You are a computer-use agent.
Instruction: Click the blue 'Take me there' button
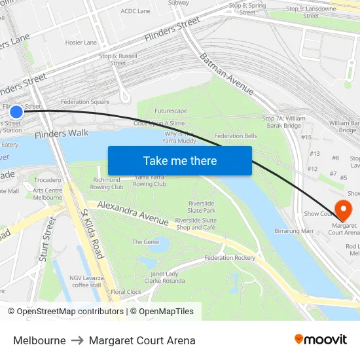point(179,160)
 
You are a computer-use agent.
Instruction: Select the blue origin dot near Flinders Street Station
point(16,111)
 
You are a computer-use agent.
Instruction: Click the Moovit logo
point(320,340)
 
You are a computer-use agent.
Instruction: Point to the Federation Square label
point(85,102)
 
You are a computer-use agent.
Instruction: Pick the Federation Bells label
point(235,136)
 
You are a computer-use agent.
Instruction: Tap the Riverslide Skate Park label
point(201,207)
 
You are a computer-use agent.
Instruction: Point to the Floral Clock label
point(126,292)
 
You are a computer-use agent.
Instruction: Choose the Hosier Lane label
point(81,43)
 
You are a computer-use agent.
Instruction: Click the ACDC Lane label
point(135,11)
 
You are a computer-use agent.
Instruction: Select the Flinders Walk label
point(61,134)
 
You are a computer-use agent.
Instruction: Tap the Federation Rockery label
point(229,258)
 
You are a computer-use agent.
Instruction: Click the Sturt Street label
point(47,240)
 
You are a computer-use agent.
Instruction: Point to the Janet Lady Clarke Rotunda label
point(164,278)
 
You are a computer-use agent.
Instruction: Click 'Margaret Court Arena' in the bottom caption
point(142,340)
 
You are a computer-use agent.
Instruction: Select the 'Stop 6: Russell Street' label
point(118,60)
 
